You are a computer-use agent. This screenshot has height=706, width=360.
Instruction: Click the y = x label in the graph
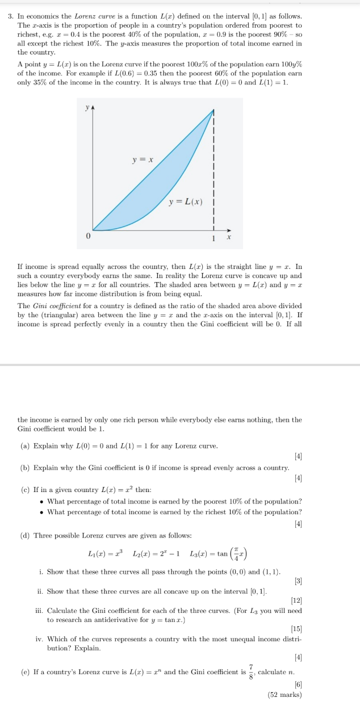pyautogui.click(x=143, y=160)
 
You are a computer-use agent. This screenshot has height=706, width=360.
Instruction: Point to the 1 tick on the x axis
pyautogui.click(x=214, y=238)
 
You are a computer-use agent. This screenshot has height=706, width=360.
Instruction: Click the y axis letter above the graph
pyautogui.click(x=87, y=107)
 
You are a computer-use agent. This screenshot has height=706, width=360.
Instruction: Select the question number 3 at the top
pyautogui.click(x=11, y=18)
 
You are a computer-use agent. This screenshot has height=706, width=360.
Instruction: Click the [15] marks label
pyautogui.click(x=296, y=628)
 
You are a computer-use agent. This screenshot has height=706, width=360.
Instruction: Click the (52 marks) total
pyautogui.click(x=284, y=694)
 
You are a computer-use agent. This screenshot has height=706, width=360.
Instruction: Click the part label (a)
pyautogui.click(x=24, y=446)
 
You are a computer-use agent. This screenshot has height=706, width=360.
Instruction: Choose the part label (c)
pyautogui.click(x=24, y=490)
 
